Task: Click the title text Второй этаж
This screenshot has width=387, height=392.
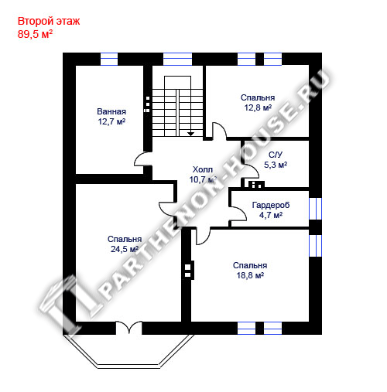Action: click(x=49, y=22)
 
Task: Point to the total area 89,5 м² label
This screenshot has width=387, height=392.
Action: click(x=35, y=34)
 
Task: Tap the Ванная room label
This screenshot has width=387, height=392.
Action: click(x=111, y=111)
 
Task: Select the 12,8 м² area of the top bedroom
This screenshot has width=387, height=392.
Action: click(x=258, y=107)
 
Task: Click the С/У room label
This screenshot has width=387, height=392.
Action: click(x=276, y=155)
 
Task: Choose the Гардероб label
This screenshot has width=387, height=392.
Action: click(x=271, y=205)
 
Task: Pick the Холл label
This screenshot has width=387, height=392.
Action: click(x=203, y=169)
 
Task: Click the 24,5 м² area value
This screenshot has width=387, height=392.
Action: click(x=125, y=249)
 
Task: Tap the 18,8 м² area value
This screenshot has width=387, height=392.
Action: click(x=250, y=275)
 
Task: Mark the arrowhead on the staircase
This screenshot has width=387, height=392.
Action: click(x=190, y=134)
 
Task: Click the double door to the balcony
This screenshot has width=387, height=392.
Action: click(x=128, y=328)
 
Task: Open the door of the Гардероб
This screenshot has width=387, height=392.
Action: click(x=238, y=213)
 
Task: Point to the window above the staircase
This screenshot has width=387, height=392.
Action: click(x=177, y=59)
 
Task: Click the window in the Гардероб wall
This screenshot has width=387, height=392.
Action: click(x=315, y=209)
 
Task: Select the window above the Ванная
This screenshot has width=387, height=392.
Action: click(x=109, y=59)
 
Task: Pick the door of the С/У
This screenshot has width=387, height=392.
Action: click(x=250, y=171)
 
